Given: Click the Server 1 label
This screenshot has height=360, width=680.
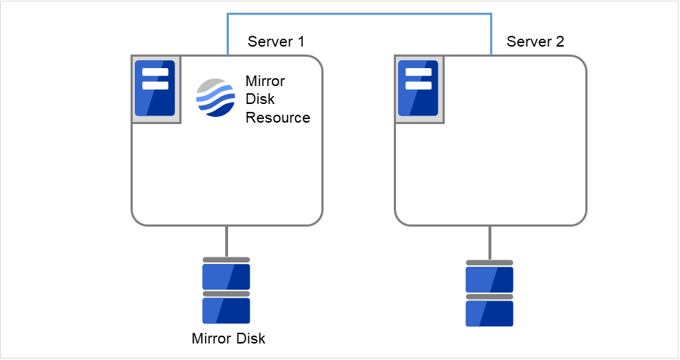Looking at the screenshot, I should click(x=275, y=42).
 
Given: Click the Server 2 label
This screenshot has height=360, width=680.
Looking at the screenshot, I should click(x=535, y=42).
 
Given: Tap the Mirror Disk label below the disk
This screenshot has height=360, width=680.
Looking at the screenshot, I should click(x=229, y=338).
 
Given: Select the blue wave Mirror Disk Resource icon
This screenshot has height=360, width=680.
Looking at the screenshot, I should click(x=215, y=98).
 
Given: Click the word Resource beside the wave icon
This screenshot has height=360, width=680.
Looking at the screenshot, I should click(x=278, y=118).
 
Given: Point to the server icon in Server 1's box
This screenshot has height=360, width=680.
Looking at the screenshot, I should click(x=156, y=88).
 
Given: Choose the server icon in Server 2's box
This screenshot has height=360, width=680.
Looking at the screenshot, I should click(x=418, y=88).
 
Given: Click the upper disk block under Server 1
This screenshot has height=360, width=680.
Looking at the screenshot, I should click(x=226, y=276).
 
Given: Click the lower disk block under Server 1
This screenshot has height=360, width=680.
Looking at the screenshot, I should click(x=226, y=311).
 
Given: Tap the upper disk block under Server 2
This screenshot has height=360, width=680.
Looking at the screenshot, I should click(x=489, y=279).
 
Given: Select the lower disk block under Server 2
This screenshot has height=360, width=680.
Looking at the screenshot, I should click(x=489, y=313).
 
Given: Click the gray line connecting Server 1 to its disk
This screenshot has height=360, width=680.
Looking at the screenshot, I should click(x=227, y=241).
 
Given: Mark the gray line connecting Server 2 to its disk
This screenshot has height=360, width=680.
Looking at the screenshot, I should click(x=490, y=242).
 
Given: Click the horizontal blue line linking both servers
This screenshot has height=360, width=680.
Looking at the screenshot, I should click(x=359, y=13).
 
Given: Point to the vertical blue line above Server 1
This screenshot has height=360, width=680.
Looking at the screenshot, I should click(x=227, y=34).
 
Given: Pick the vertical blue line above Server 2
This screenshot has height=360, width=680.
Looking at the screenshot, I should click(x=491, y=34).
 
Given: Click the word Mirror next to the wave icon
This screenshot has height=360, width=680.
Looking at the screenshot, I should click(x=266, y=80).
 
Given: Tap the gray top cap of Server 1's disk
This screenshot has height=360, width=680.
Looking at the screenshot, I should click(x=226, y=260).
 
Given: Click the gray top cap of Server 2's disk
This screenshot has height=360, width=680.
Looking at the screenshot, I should click(x=489, y=262).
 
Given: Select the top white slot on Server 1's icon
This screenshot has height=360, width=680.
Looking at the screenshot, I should click(x=156, y=72).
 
